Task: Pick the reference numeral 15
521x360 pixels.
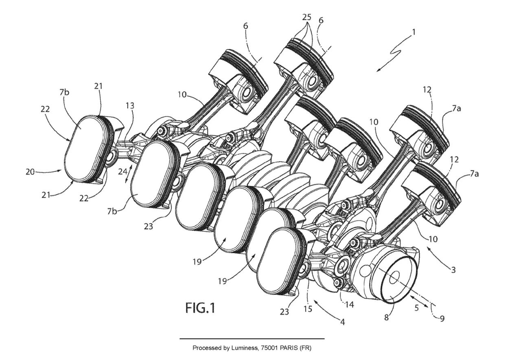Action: (308, 309)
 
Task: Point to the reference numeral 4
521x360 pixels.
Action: (342, 322)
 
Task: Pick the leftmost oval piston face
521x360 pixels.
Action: (87, 148)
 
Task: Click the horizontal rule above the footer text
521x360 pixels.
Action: (252, 338)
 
